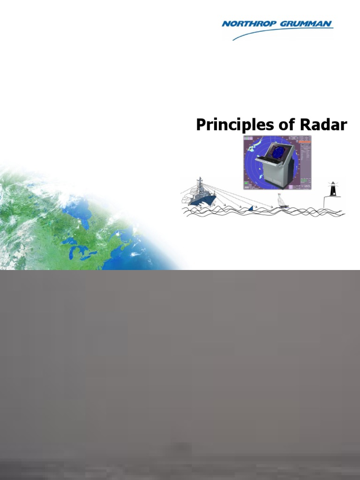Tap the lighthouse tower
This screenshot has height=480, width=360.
(x=333, y=190)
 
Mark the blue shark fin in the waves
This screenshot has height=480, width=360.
(x=252, y=208)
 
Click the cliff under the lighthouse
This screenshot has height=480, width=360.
(x=328, y=202)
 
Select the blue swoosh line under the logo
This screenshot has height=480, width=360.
(x=281, y=33)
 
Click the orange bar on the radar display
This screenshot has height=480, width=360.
(x=305, y=139)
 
